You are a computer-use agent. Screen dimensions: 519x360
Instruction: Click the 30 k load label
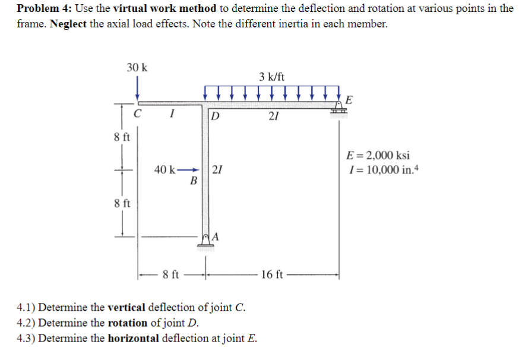[x=137, y=67]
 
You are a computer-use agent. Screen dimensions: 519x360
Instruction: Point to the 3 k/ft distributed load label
[x=271, y=77]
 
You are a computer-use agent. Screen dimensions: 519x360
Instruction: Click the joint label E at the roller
[x=349, y=99]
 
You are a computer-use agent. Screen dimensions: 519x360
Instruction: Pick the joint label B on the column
[x=192, y=181]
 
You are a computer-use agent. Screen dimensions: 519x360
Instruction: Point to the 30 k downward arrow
[x=138, y=87]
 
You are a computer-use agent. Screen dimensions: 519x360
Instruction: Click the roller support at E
[x=338, y=108]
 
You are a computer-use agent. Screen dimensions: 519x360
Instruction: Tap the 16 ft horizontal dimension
[x=273, y=274]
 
